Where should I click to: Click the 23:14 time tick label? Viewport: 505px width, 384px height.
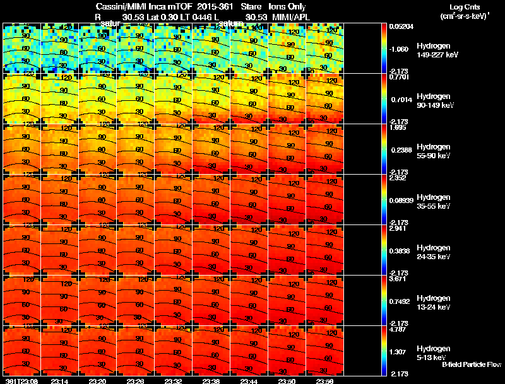[x=60, y=381]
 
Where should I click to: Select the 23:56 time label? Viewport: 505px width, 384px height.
[x=325, y=381]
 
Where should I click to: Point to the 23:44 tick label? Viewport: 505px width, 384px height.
[x=249, y=381]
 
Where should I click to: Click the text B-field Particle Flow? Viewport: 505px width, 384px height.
[x=471, y=364]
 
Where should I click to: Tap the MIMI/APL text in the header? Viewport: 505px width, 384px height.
[x=288, y=16]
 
